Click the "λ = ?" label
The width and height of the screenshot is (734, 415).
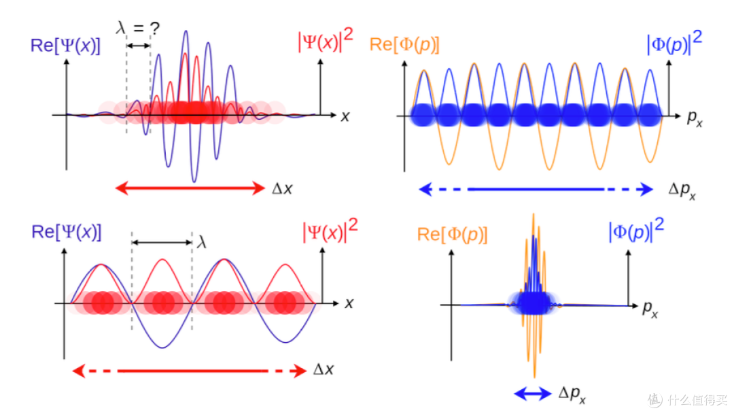click(137, 28)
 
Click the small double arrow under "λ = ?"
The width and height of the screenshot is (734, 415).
click(139, 46)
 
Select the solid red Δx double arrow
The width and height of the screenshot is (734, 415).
click(190, 188)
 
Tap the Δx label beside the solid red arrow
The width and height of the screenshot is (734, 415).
click(282, 188)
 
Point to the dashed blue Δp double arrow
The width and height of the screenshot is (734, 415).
click(536, 189)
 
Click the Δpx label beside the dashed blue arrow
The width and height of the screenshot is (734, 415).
click(682, 190)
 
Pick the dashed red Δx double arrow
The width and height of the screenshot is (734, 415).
click(190, 371)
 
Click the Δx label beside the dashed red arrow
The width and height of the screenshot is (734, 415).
click(324, 369)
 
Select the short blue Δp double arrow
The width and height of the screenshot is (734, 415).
click(533, 394)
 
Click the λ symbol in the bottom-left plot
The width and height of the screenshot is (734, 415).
click(202, 242)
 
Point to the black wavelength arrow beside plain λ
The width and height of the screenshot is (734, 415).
click(162, 242)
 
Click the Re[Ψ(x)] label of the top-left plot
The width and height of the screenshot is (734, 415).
click(65, 46)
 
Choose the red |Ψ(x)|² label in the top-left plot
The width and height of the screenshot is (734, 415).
click(326, 40)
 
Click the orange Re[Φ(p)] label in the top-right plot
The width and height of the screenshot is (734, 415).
click(404, 44)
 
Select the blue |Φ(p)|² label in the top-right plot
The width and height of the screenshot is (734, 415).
click(674, 43)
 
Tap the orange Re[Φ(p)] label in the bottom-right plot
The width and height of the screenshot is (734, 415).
click(452, 234)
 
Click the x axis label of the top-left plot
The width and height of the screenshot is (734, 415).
click(345, 116)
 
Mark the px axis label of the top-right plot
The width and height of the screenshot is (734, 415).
click(695, 119)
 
